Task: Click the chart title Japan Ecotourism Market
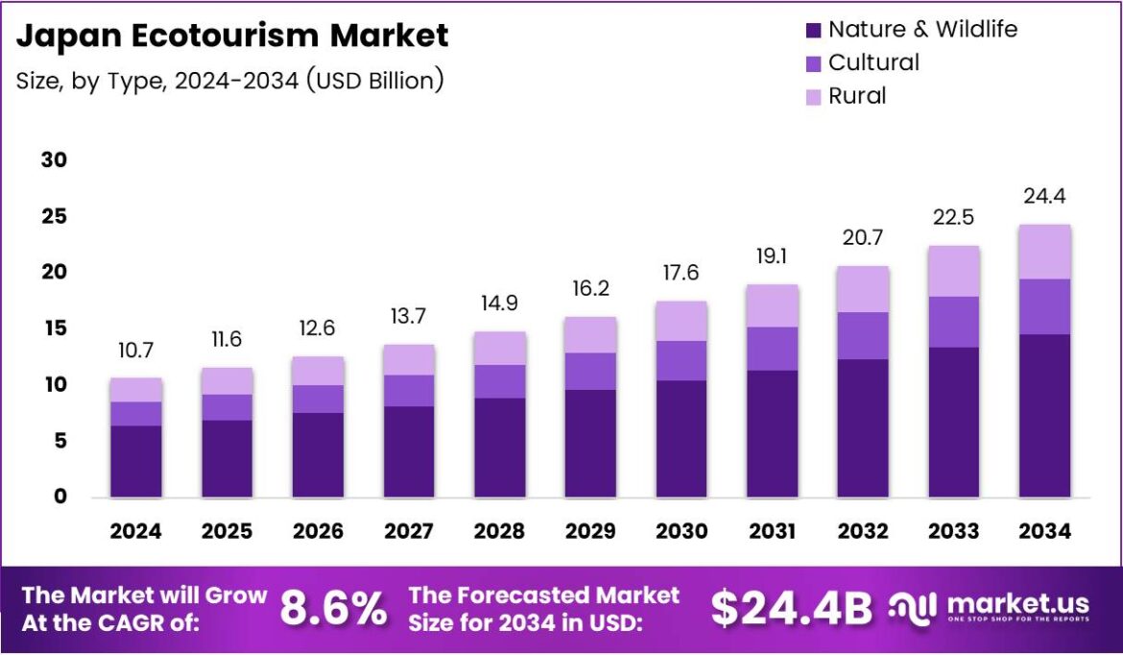coord(232,36)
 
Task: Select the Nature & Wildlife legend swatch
coord(814,31)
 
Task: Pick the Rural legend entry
coord(857,96)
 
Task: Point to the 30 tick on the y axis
coord(54,159)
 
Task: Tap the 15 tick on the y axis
coord(54,328)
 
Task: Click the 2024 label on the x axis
coord(135,531)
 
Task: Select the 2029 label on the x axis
coord(589,531)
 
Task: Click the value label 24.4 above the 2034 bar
coord(1044,197)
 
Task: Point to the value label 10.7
coord(135,351)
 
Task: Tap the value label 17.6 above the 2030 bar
coord(681,274)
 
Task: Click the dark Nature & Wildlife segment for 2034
coord(1044,415)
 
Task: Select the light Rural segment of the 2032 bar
coord(863,289)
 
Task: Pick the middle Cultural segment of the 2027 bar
coord(408,390)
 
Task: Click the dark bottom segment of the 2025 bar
coord(227,458)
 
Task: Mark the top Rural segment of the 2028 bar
coord(499,348)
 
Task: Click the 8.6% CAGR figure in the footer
coord(333,609)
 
